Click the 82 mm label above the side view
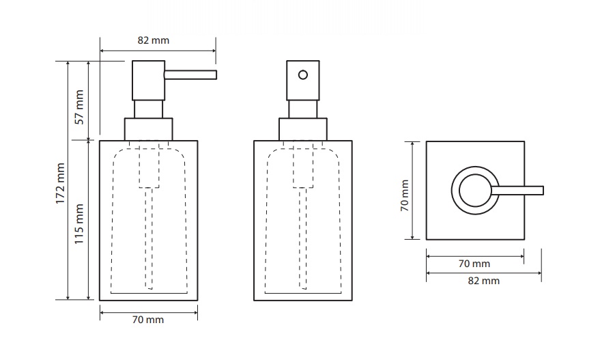tap(154, 40)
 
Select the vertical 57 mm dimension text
tap(79, 107)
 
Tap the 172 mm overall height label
tap(60, 183)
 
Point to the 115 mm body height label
tap(78, 224)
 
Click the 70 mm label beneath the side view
tap(148, 320)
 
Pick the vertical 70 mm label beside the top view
tap(405, 195)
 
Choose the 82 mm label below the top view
tap(484, 281)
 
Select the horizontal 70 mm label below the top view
tap(474, 264)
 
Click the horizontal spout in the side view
tap(190, 74)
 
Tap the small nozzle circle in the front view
tap(303, 74)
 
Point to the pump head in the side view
tap(149, 81)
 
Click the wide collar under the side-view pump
tap(149, 129)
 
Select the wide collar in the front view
tap(303, 129)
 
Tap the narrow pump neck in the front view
tap(303, 109)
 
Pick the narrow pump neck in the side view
tap(149, 109)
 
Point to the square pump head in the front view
tap(303, 81)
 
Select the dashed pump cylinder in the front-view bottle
tap(303, 165)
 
